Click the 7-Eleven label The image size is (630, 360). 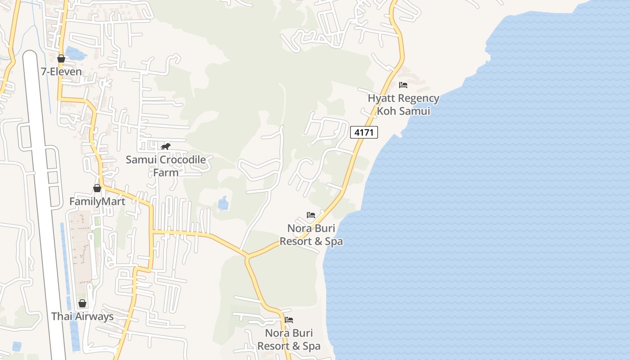[x=62, y=72]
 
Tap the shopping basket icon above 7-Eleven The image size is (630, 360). [x=61, y=58]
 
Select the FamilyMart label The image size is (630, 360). [x=97, y=201]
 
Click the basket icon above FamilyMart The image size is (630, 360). [x=97, y=188]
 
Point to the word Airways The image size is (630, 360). [x=94, y=316]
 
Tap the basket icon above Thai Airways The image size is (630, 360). [x=82, y=303]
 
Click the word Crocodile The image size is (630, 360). [x=179, y=160]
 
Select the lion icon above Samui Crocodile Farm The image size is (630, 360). [x=166, y=147]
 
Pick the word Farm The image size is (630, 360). [x=166, y=172]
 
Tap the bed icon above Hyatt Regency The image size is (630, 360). [x=403, y=85]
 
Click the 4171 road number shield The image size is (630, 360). [x=364, y=132]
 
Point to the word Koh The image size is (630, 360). [x=386, y=111]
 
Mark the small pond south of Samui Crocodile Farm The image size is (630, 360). [x=223, y=203]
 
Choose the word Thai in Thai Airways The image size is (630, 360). [x=62, y=316]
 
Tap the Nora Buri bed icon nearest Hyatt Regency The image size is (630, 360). [x=310, y=215]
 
